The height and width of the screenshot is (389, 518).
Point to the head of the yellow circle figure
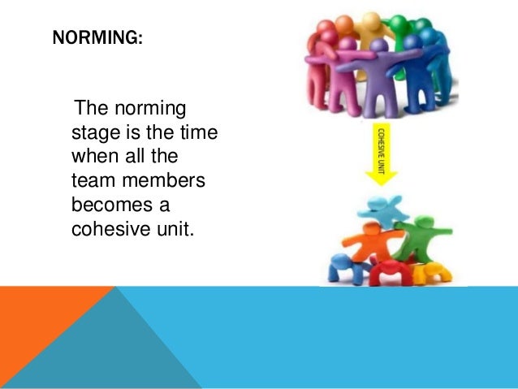click(371, 19)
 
